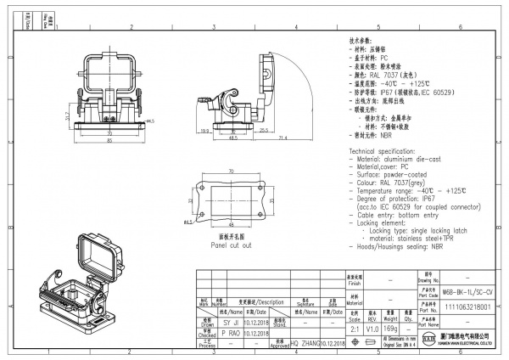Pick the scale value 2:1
pos(354,327)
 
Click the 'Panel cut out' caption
pos(232,245)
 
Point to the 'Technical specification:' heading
pos(383,149)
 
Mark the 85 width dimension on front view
pos(109,140)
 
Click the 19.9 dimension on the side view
pos(206,131)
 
